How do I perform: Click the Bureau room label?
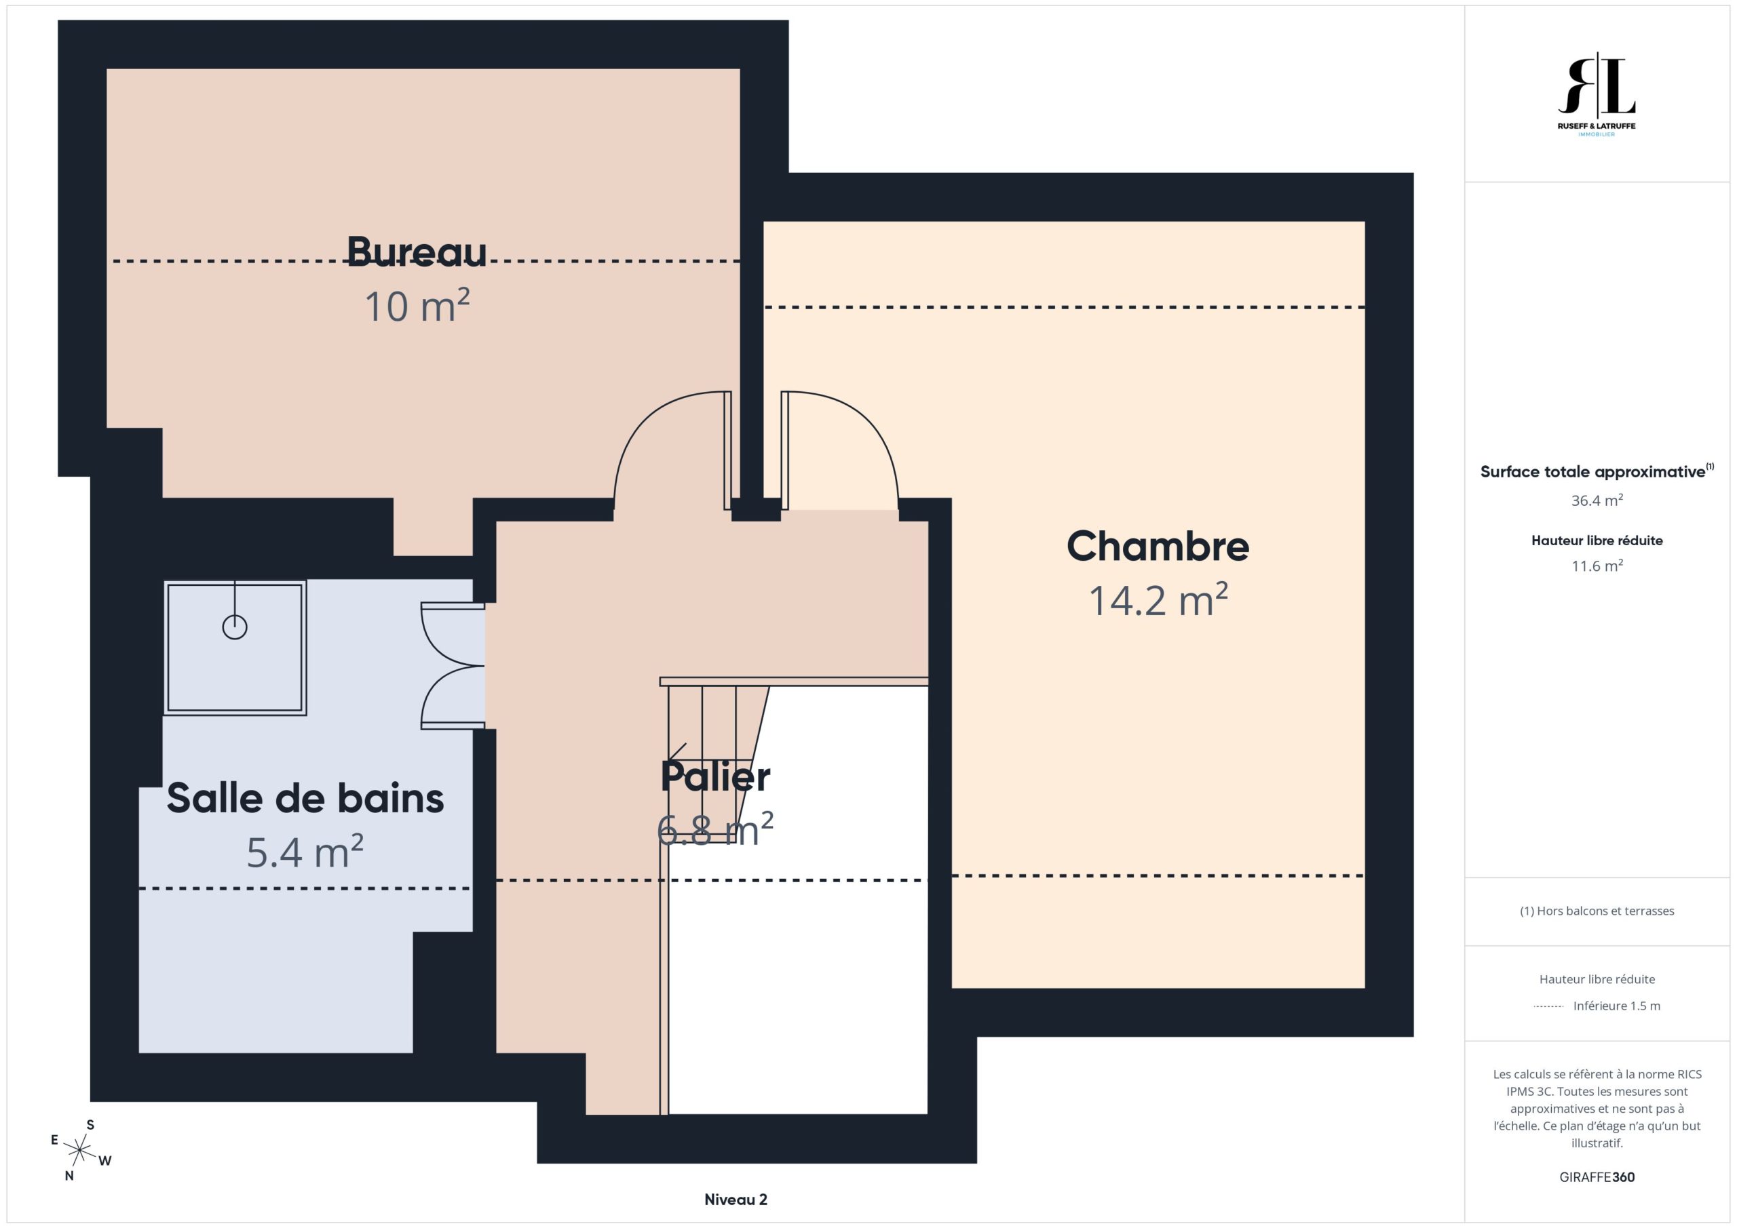(417, 252)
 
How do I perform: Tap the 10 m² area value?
(417, 306)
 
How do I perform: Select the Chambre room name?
(1158, 546)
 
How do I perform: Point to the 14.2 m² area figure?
(1158, 599)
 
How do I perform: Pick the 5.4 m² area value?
(305, 852)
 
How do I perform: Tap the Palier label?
(715, 776)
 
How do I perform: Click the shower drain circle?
(235, 627)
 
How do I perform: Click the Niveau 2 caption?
(736, 1200)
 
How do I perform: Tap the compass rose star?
(79, 1151)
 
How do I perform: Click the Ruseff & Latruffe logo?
(1597, 94)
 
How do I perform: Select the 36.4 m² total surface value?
(1597, 500)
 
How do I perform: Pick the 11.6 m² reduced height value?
(1597, 566)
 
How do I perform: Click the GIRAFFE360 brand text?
(1597, 1176)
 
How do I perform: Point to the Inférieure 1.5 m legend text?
(1617, 1006)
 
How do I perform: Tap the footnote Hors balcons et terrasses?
(1597, 911)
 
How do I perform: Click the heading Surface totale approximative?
(1592, 472)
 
